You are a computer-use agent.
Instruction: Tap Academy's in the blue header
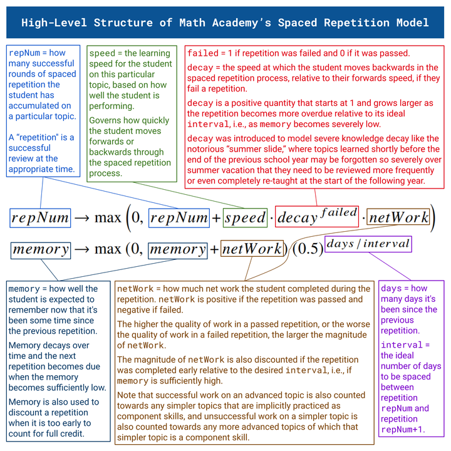click(x=246, y=23)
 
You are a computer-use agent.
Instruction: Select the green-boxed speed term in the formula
click(x=245, y=217)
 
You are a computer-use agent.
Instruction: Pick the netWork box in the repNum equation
click(x=398, y=217)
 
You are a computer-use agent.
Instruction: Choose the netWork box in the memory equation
click(x=252, y=249)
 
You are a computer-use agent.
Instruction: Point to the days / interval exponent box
click(x=368, y=243)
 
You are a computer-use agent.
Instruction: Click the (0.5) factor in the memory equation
click(x=308, y=249)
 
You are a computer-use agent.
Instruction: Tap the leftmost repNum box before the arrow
click(x=40, y=217)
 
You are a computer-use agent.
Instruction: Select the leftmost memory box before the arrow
click(x=41, y=249)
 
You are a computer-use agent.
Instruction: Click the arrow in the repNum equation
click(x=83, y=218)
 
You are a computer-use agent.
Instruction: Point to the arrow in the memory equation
click(x=83, y=249)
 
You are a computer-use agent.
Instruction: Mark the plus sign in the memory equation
click(x=214, y=249)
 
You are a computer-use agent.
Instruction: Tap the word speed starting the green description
click(x=102, y=53)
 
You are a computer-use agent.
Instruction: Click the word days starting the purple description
click(x=391, y=289)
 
